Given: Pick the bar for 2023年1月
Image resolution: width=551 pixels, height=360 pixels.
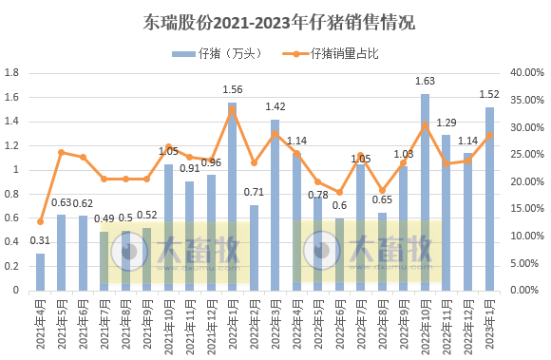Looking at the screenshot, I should point(489,199).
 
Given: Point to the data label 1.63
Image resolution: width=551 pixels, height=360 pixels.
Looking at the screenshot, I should point(425,82).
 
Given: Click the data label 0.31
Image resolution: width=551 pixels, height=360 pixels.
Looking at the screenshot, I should point(40,240).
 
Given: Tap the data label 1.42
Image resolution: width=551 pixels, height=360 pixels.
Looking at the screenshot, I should point(275,107).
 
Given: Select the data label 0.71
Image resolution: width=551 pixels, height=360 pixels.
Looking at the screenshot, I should point(254,192).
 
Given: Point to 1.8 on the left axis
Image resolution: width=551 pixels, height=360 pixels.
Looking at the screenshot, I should point(11,73).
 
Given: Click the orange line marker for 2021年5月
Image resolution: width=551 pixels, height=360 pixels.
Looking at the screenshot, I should point(62,152).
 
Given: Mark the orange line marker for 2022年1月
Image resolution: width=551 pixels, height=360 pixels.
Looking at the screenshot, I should point(232,109).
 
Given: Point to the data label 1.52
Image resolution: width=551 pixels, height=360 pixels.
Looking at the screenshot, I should point(489,94).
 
